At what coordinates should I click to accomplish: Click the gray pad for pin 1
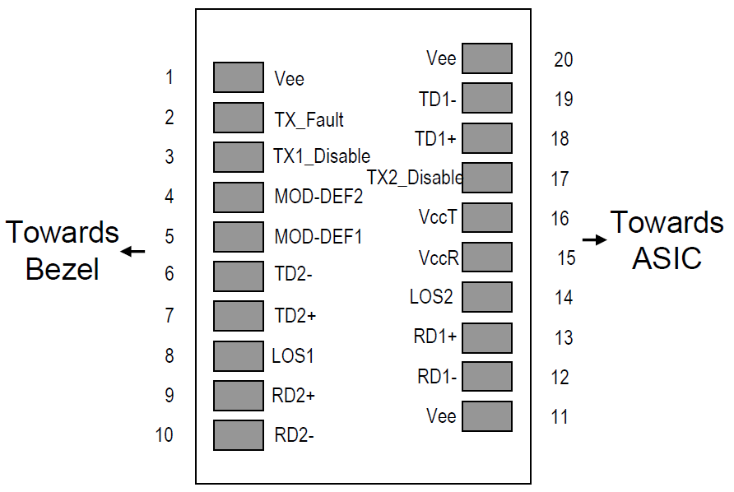click(x=239, y=77)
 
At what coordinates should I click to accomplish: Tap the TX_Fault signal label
click(x=309, y=120)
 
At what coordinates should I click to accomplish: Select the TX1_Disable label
click(x=322, y=155)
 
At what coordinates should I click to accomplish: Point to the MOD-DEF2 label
click(x=318, y=196)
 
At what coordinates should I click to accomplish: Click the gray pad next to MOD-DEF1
click(x=239, y=236)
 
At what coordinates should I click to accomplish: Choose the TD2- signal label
click(x=293, y=273)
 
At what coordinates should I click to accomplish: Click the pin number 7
click(x=170, y=315)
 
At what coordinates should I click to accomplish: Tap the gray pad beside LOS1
click(x=239, y=355)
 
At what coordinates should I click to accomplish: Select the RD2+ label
click(x=294, y=396)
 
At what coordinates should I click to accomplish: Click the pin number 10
click(x=165, y=435)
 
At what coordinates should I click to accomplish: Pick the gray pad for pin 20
click(x=487, y=58)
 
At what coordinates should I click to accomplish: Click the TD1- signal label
click(x=437, y=100)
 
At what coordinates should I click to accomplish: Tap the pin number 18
click(x=560, y=138)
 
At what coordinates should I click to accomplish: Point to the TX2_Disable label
click(x=415, y=178)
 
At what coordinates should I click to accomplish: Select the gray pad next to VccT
click(x=487, y=217)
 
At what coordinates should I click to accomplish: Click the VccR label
click(x=439, y=258)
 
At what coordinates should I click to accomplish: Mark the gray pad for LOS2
click(x=487, y=297)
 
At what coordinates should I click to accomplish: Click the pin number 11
click(x=560, y=416)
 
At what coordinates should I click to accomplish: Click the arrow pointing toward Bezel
click(x=132, y=252)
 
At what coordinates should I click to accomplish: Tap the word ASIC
click(x=667, y=258)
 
